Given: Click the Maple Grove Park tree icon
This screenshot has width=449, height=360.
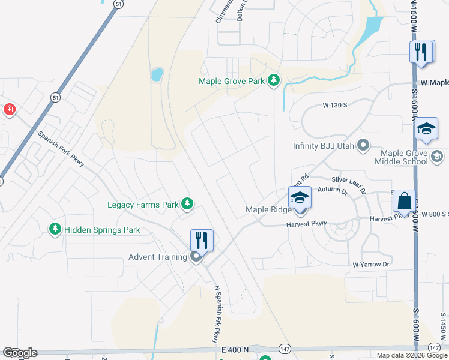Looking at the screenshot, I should (274, 80).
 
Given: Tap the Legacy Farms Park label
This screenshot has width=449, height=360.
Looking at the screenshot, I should (143, 205).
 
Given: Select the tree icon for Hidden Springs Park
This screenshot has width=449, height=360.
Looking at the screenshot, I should (55, 229).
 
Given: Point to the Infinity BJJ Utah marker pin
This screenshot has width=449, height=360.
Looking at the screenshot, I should (363, 145).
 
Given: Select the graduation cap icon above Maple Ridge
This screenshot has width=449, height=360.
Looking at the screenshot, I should (300, 197).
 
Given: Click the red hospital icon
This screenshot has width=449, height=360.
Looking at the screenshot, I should (10, 109).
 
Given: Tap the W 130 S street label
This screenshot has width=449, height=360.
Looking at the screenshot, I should (335, 105).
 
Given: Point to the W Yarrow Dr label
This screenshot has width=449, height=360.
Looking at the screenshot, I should (371, 264).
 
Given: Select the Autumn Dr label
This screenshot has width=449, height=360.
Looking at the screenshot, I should (333, 191).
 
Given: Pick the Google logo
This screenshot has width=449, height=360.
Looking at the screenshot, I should (20, 353).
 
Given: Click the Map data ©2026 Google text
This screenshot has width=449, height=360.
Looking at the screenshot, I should (411, 355).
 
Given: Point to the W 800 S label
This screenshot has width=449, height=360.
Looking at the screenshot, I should (435, 214).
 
